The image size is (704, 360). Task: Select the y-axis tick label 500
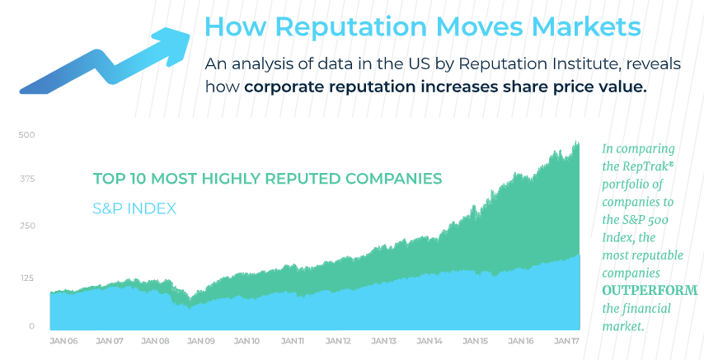(27, 134)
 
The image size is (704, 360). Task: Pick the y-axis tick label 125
(27, 278)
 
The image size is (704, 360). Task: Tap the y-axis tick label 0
(32, 326)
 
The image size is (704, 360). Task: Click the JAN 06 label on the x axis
(63, 340)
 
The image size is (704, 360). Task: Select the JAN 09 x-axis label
(202, 340)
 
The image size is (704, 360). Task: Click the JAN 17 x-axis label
(566, 340)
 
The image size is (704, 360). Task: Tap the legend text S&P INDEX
(134, 208)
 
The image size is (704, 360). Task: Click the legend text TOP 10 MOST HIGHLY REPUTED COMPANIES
(267, 179)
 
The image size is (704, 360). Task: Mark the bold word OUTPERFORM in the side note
(650, 291)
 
